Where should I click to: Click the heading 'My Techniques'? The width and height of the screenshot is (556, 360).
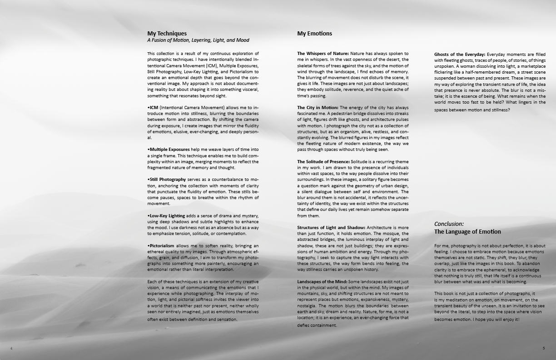click(167, 33)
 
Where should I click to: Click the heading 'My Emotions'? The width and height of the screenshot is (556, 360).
click(314, 33)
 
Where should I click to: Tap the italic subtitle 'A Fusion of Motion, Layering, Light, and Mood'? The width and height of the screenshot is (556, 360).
click(198, 40)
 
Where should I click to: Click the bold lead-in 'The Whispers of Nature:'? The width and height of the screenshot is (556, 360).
click(323, 54)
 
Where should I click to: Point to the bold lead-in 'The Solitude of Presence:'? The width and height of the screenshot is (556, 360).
click(323, 162)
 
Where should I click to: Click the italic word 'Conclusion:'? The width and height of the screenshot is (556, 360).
click(449, 224)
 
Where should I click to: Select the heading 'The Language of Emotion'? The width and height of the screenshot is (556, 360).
click(467, 232)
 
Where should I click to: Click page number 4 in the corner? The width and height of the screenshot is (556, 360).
click(11, 348)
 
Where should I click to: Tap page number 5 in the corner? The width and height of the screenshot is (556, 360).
click(543, 348)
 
